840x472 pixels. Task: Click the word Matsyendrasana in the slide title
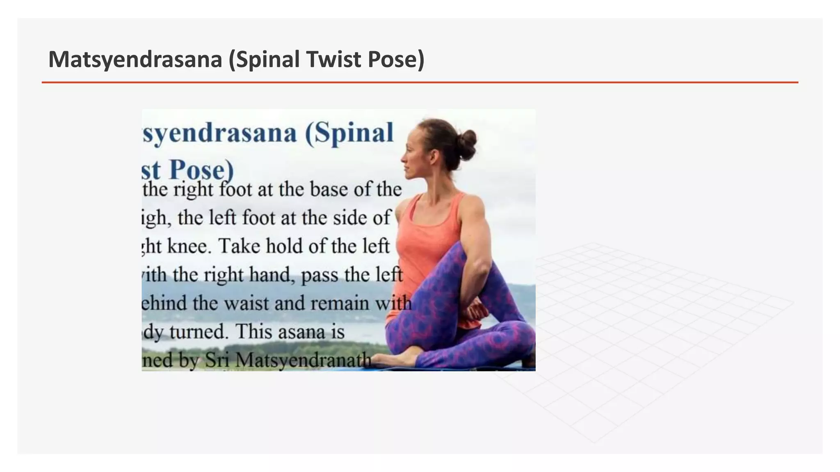pos(135,59)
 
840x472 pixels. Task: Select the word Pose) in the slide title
pos(396,59)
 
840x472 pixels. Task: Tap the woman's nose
pos(402,157)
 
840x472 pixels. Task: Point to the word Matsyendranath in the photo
pos(303,361)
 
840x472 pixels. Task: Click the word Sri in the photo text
pos(217,361)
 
